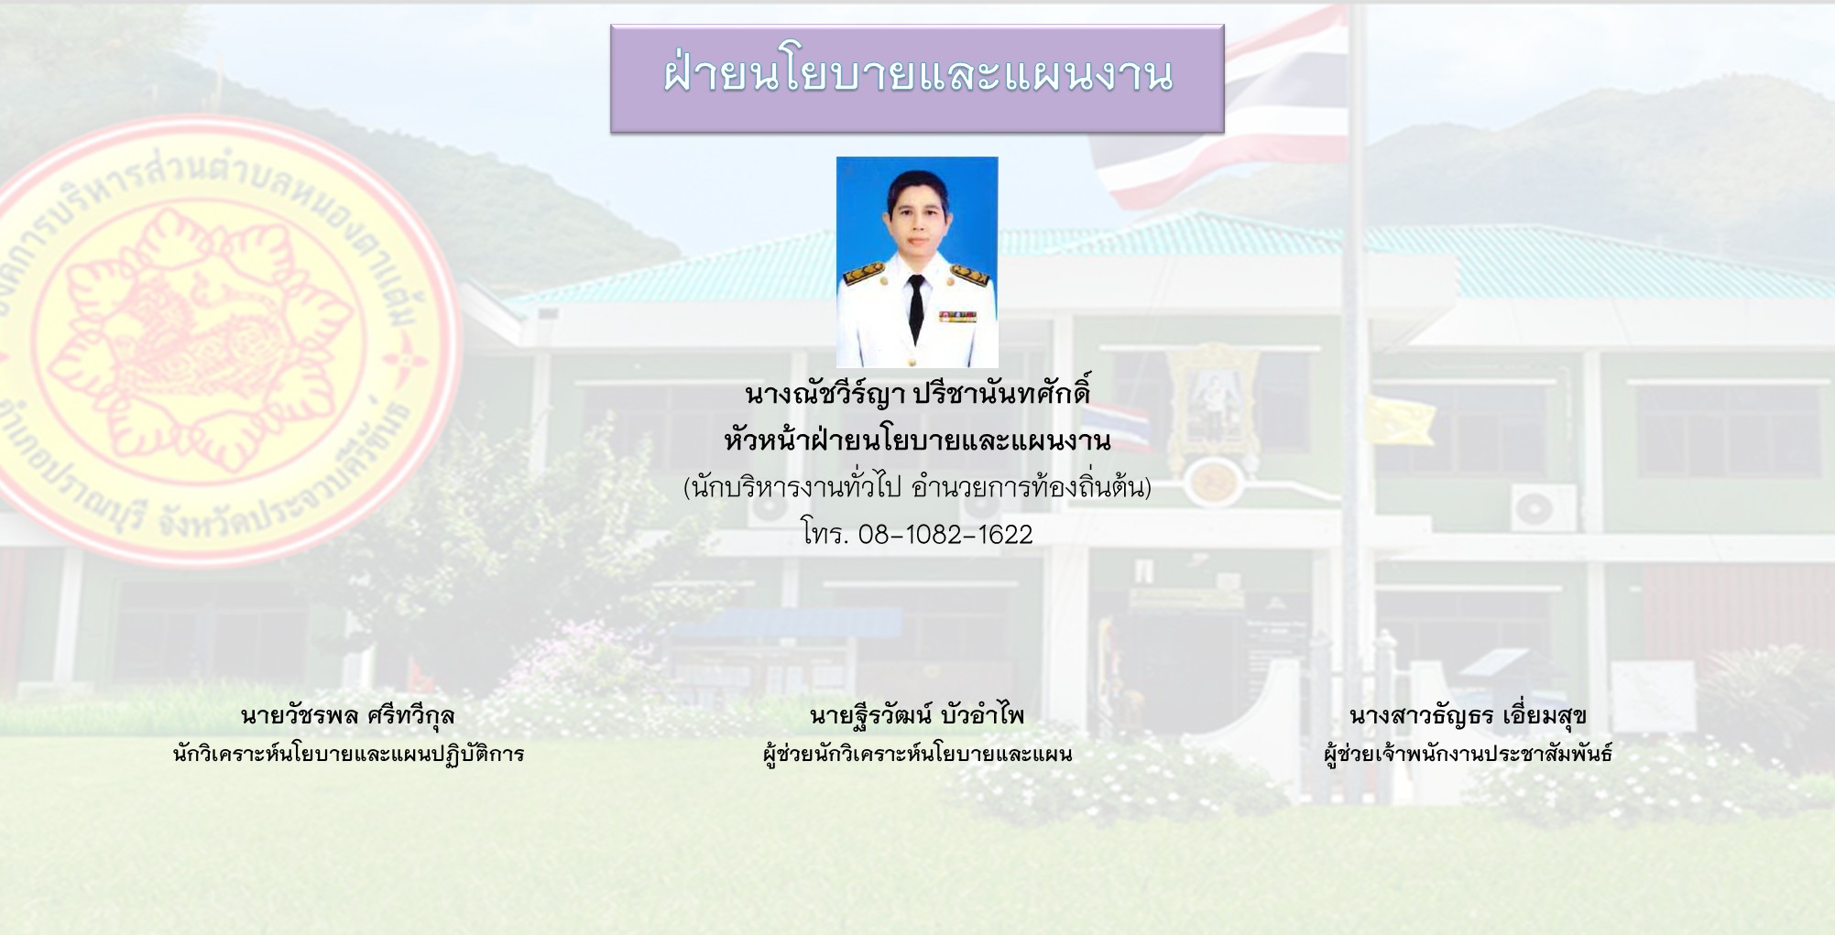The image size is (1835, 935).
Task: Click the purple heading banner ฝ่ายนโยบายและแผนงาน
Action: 917,79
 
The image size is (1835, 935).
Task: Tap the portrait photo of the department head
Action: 917,262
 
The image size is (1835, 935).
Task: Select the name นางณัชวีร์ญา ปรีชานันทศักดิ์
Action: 917,394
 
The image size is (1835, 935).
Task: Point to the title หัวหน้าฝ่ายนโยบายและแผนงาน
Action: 917,440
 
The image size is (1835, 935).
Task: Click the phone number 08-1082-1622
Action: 945,534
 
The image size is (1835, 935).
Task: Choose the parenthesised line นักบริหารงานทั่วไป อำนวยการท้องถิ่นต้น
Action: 917,486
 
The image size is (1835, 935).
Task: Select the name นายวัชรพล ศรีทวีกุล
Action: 348,715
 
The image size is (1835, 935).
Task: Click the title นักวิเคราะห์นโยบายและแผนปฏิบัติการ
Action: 348,754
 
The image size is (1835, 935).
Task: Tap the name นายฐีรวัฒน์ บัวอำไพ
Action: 917,714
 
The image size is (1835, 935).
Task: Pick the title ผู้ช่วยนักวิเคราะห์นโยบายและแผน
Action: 917,754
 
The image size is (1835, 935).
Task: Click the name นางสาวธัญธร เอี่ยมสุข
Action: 1468,715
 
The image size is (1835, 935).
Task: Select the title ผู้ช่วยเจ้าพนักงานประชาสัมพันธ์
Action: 1468,754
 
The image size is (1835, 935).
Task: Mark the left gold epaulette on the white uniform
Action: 863,273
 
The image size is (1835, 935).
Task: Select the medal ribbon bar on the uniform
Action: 957,317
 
